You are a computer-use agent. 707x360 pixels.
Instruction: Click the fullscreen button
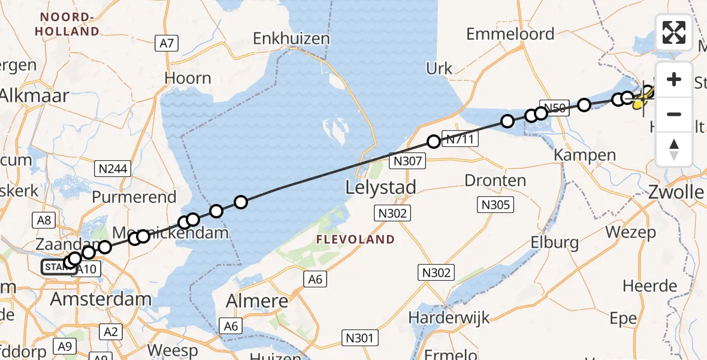(674, 32)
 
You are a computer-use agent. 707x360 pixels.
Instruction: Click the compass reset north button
(674, 149)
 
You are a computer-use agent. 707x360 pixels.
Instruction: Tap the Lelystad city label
(381, 187)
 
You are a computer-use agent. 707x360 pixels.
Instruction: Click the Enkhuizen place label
(291, 39)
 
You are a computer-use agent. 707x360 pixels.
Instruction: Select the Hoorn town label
(188, 78)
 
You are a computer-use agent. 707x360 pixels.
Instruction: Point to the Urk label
(439, 68)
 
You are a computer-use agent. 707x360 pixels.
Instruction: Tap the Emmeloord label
(510, 34)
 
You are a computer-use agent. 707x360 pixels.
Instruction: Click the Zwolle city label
(676, 193)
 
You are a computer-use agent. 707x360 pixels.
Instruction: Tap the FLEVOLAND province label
(356, 239)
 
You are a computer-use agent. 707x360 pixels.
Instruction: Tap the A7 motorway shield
(167, 43)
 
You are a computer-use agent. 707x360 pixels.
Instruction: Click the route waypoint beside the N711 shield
(433, 142)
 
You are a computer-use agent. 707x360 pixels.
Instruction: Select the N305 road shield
(495, 205)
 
